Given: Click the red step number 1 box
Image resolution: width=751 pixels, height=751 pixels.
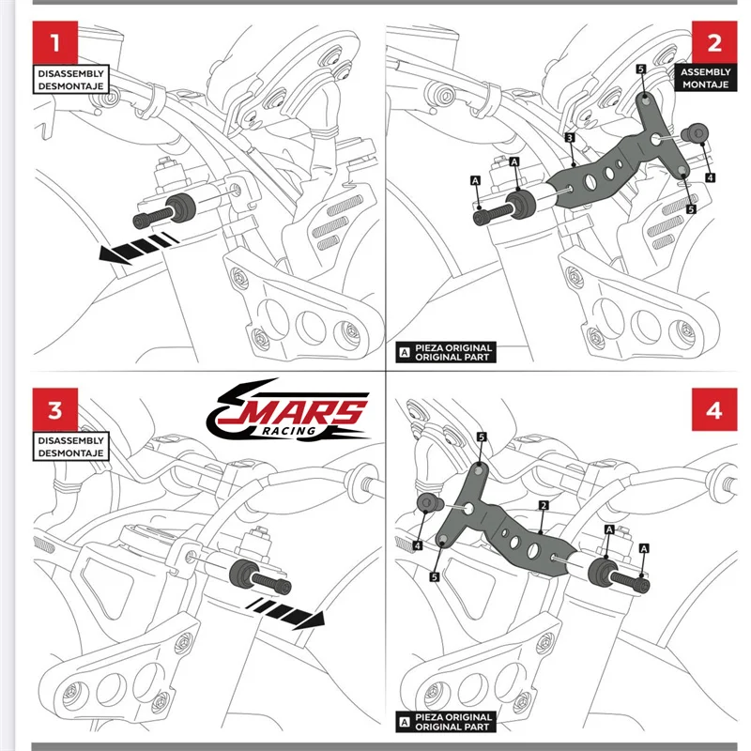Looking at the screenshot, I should coord(55,42).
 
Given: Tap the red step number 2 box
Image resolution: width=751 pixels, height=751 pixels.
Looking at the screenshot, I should coord(713,42).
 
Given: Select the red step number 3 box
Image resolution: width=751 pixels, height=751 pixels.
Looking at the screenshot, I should coord(55,410).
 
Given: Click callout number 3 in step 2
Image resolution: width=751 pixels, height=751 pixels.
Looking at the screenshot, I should coord(570,138).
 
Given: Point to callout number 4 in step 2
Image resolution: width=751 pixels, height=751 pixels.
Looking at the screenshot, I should coord(710,176).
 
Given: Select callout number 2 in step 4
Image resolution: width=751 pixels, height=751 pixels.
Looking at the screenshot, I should coord(544,505).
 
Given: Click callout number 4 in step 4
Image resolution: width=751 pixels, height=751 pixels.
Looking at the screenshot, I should coord(417,544).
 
